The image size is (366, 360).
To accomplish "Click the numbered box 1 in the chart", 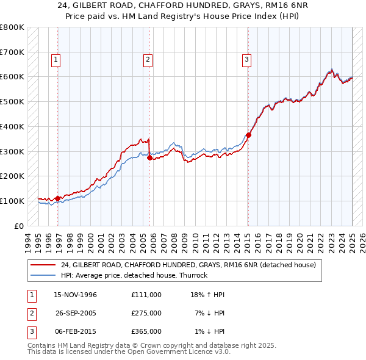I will [56, 60].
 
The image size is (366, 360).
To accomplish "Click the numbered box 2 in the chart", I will [148, 60].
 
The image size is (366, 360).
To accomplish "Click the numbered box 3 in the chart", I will [246, 60].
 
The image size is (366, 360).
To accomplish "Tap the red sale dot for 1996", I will [58, 198].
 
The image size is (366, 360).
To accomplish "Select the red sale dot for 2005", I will [150, 157].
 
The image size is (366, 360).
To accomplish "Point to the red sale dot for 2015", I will [248, 135].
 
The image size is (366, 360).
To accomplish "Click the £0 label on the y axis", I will [20, 226].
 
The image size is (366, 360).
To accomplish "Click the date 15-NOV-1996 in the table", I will [76, 295].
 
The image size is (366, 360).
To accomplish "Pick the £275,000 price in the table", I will [146, 313].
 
